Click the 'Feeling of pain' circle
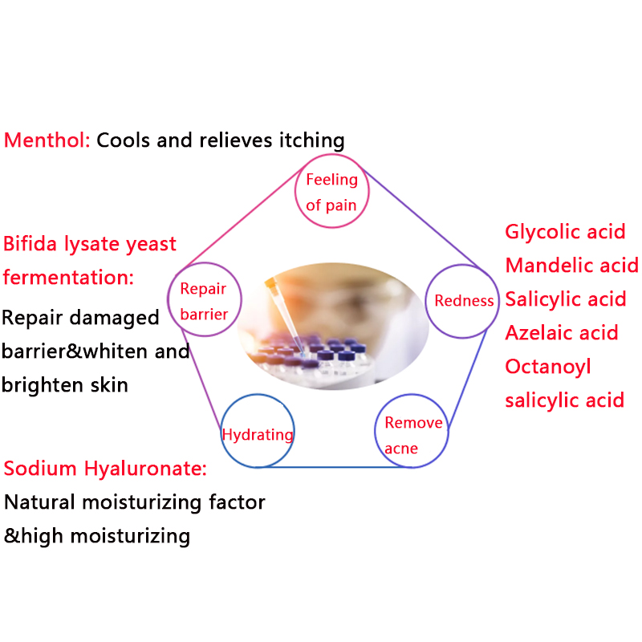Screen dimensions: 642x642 point(331,192)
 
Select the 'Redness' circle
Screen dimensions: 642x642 point(463,301)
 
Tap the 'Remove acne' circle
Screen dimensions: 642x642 point(412,433)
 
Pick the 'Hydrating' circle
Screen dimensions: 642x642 point(258,433)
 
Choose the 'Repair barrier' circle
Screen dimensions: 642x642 point(203,300)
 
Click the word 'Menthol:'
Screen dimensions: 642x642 point(47,140)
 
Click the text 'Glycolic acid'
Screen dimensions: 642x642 point(565,232)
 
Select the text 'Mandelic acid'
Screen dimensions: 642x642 point(571,266)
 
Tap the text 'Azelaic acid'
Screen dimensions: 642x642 point(562,332)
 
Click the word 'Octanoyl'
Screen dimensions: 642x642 point(548,366)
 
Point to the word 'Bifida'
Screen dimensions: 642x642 point(33,243)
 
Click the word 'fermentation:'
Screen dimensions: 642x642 point(68,278)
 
